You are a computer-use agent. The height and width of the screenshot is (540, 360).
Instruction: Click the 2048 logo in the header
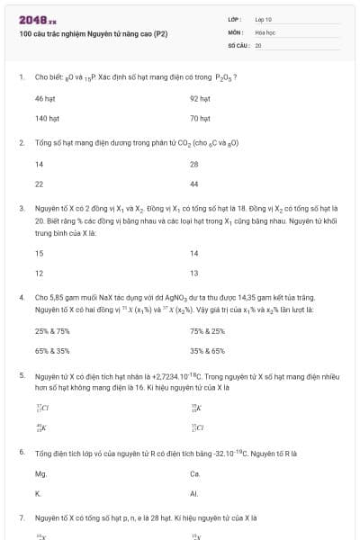[x=38, y=19]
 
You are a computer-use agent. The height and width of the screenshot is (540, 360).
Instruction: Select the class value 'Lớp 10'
[x=264, y=19]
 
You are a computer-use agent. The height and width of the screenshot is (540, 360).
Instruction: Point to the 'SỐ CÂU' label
[x=238, y=44]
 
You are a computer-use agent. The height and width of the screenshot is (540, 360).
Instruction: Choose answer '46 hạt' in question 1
[x=45, y=98]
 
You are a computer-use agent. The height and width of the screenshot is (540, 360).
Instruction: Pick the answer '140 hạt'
[x=47, y=118]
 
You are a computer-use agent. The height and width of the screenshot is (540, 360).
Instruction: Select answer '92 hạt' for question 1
[x=200, y=98]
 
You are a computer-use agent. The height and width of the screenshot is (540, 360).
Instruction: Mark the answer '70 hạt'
[x=200, y=118]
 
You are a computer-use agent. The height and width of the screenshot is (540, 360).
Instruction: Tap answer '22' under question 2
[x=39, y=183]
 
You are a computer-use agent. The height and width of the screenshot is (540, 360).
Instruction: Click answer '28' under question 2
[x=194, y=164]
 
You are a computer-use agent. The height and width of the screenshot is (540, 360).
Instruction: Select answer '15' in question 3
[x=39, y=253]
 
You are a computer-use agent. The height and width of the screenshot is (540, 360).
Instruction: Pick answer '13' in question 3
[x=194, y=273]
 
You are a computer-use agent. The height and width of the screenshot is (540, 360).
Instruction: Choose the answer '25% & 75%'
[x=52, y=330]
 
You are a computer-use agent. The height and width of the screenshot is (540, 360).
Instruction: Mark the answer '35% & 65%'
[x=207, y=350]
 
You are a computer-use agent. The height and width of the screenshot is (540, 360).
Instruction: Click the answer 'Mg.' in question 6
[x=40, y=472]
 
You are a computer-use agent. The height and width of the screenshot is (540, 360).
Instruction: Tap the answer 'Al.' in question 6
[x=194, y=493]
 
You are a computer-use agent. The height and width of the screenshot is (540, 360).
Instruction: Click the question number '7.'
[x=22, y=517]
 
